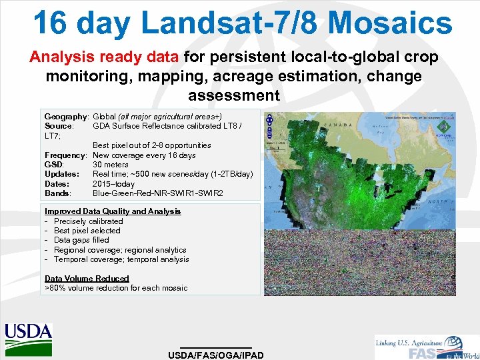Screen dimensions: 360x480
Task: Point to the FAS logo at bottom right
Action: [426, 347]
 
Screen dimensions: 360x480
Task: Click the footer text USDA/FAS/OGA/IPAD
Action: [216, 355]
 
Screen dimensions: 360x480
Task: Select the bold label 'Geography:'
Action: [66, 117]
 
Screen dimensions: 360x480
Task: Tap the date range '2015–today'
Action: [113, 184]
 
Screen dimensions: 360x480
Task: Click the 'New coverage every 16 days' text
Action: [144, 155]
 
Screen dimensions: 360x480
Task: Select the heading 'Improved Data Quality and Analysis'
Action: [113, 211]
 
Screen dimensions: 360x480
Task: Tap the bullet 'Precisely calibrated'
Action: [88, 221]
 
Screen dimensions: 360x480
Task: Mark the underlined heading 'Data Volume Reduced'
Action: [87, 279]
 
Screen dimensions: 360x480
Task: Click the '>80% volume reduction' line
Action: [116, 288]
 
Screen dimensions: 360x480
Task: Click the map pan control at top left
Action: [270, 120]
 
